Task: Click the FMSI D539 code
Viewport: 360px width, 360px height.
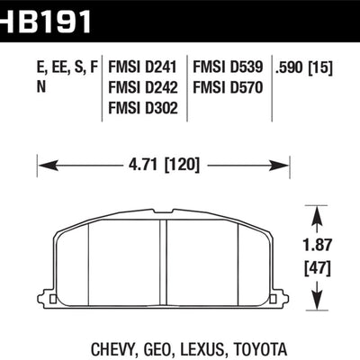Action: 228,67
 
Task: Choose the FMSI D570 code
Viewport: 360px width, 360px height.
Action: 228,87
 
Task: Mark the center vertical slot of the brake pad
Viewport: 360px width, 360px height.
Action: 163,260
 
